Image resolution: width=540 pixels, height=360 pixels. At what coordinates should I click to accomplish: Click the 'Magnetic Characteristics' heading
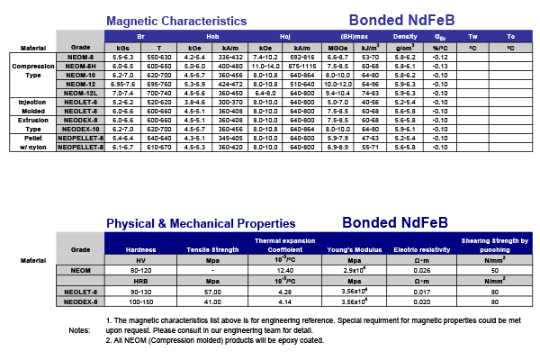point(175,20)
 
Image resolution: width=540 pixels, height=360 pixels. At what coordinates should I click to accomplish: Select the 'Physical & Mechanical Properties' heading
point(201,223)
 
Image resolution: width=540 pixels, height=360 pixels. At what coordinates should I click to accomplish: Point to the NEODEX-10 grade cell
point(81,128)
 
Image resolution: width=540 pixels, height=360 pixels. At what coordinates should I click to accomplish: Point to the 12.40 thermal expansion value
point(287,270)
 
